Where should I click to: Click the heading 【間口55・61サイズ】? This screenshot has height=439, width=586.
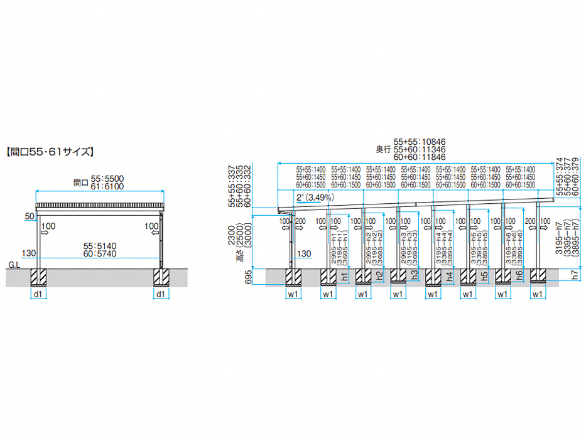click(50, 151)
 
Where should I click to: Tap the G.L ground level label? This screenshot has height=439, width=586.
click(13, 265)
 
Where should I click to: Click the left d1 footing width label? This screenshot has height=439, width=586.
click(38, 293)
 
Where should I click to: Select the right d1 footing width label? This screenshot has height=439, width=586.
click(160, 293)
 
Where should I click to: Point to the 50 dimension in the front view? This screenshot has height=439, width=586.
click(29, 216)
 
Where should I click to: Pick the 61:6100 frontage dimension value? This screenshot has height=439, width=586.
click(107, 186)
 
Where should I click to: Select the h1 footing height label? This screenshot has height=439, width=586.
click(344, 275)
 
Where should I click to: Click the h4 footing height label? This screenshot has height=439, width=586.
click(449, 275)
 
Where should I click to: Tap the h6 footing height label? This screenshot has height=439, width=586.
click(519, 275)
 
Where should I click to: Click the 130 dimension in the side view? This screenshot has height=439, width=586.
click(303, 254)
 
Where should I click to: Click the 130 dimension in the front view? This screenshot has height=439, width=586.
click(28, 253)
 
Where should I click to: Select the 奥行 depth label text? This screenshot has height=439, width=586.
click(383, 149)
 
